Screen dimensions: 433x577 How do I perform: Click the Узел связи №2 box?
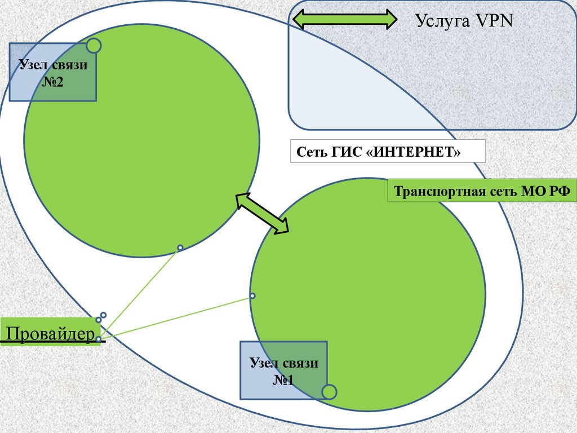click(x=53, y=73)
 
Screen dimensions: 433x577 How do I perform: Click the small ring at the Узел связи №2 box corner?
click(x=94, y=46)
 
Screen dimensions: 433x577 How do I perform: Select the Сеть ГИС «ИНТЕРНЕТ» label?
click(x=387, y=152)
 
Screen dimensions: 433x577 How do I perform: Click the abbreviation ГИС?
click(x=344, y=152)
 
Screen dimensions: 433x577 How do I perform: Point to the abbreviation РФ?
click(x=560, y=192)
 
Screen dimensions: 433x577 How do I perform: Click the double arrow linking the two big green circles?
click(x=262, y=212)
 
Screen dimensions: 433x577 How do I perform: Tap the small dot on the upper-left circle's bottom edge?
click(x=180, y=248)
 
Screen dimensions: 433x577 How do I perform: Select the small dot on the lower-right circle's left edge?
click(x=252, y=296)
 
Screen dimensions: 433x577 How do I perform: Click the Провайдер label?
click(x=50, y=334)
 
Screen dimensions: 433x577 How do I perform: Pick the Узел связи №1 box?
click(x=283, y=370)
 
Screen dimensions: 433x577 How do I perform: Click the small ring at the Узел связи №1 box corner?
click(x=329, y=391)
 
